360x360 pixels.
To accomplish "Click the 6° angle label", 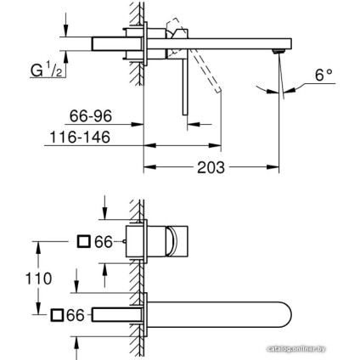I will click(323, 76).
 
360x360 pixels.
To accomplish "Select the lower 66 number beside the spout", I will click(76, 315).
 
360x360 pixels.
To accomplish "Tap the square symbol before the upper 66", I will click(84, 242).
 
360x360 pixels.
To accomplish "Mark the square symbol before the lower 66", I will click(57, 315).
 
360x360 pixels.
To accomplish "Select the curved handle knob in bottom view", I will click(181, 240).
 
